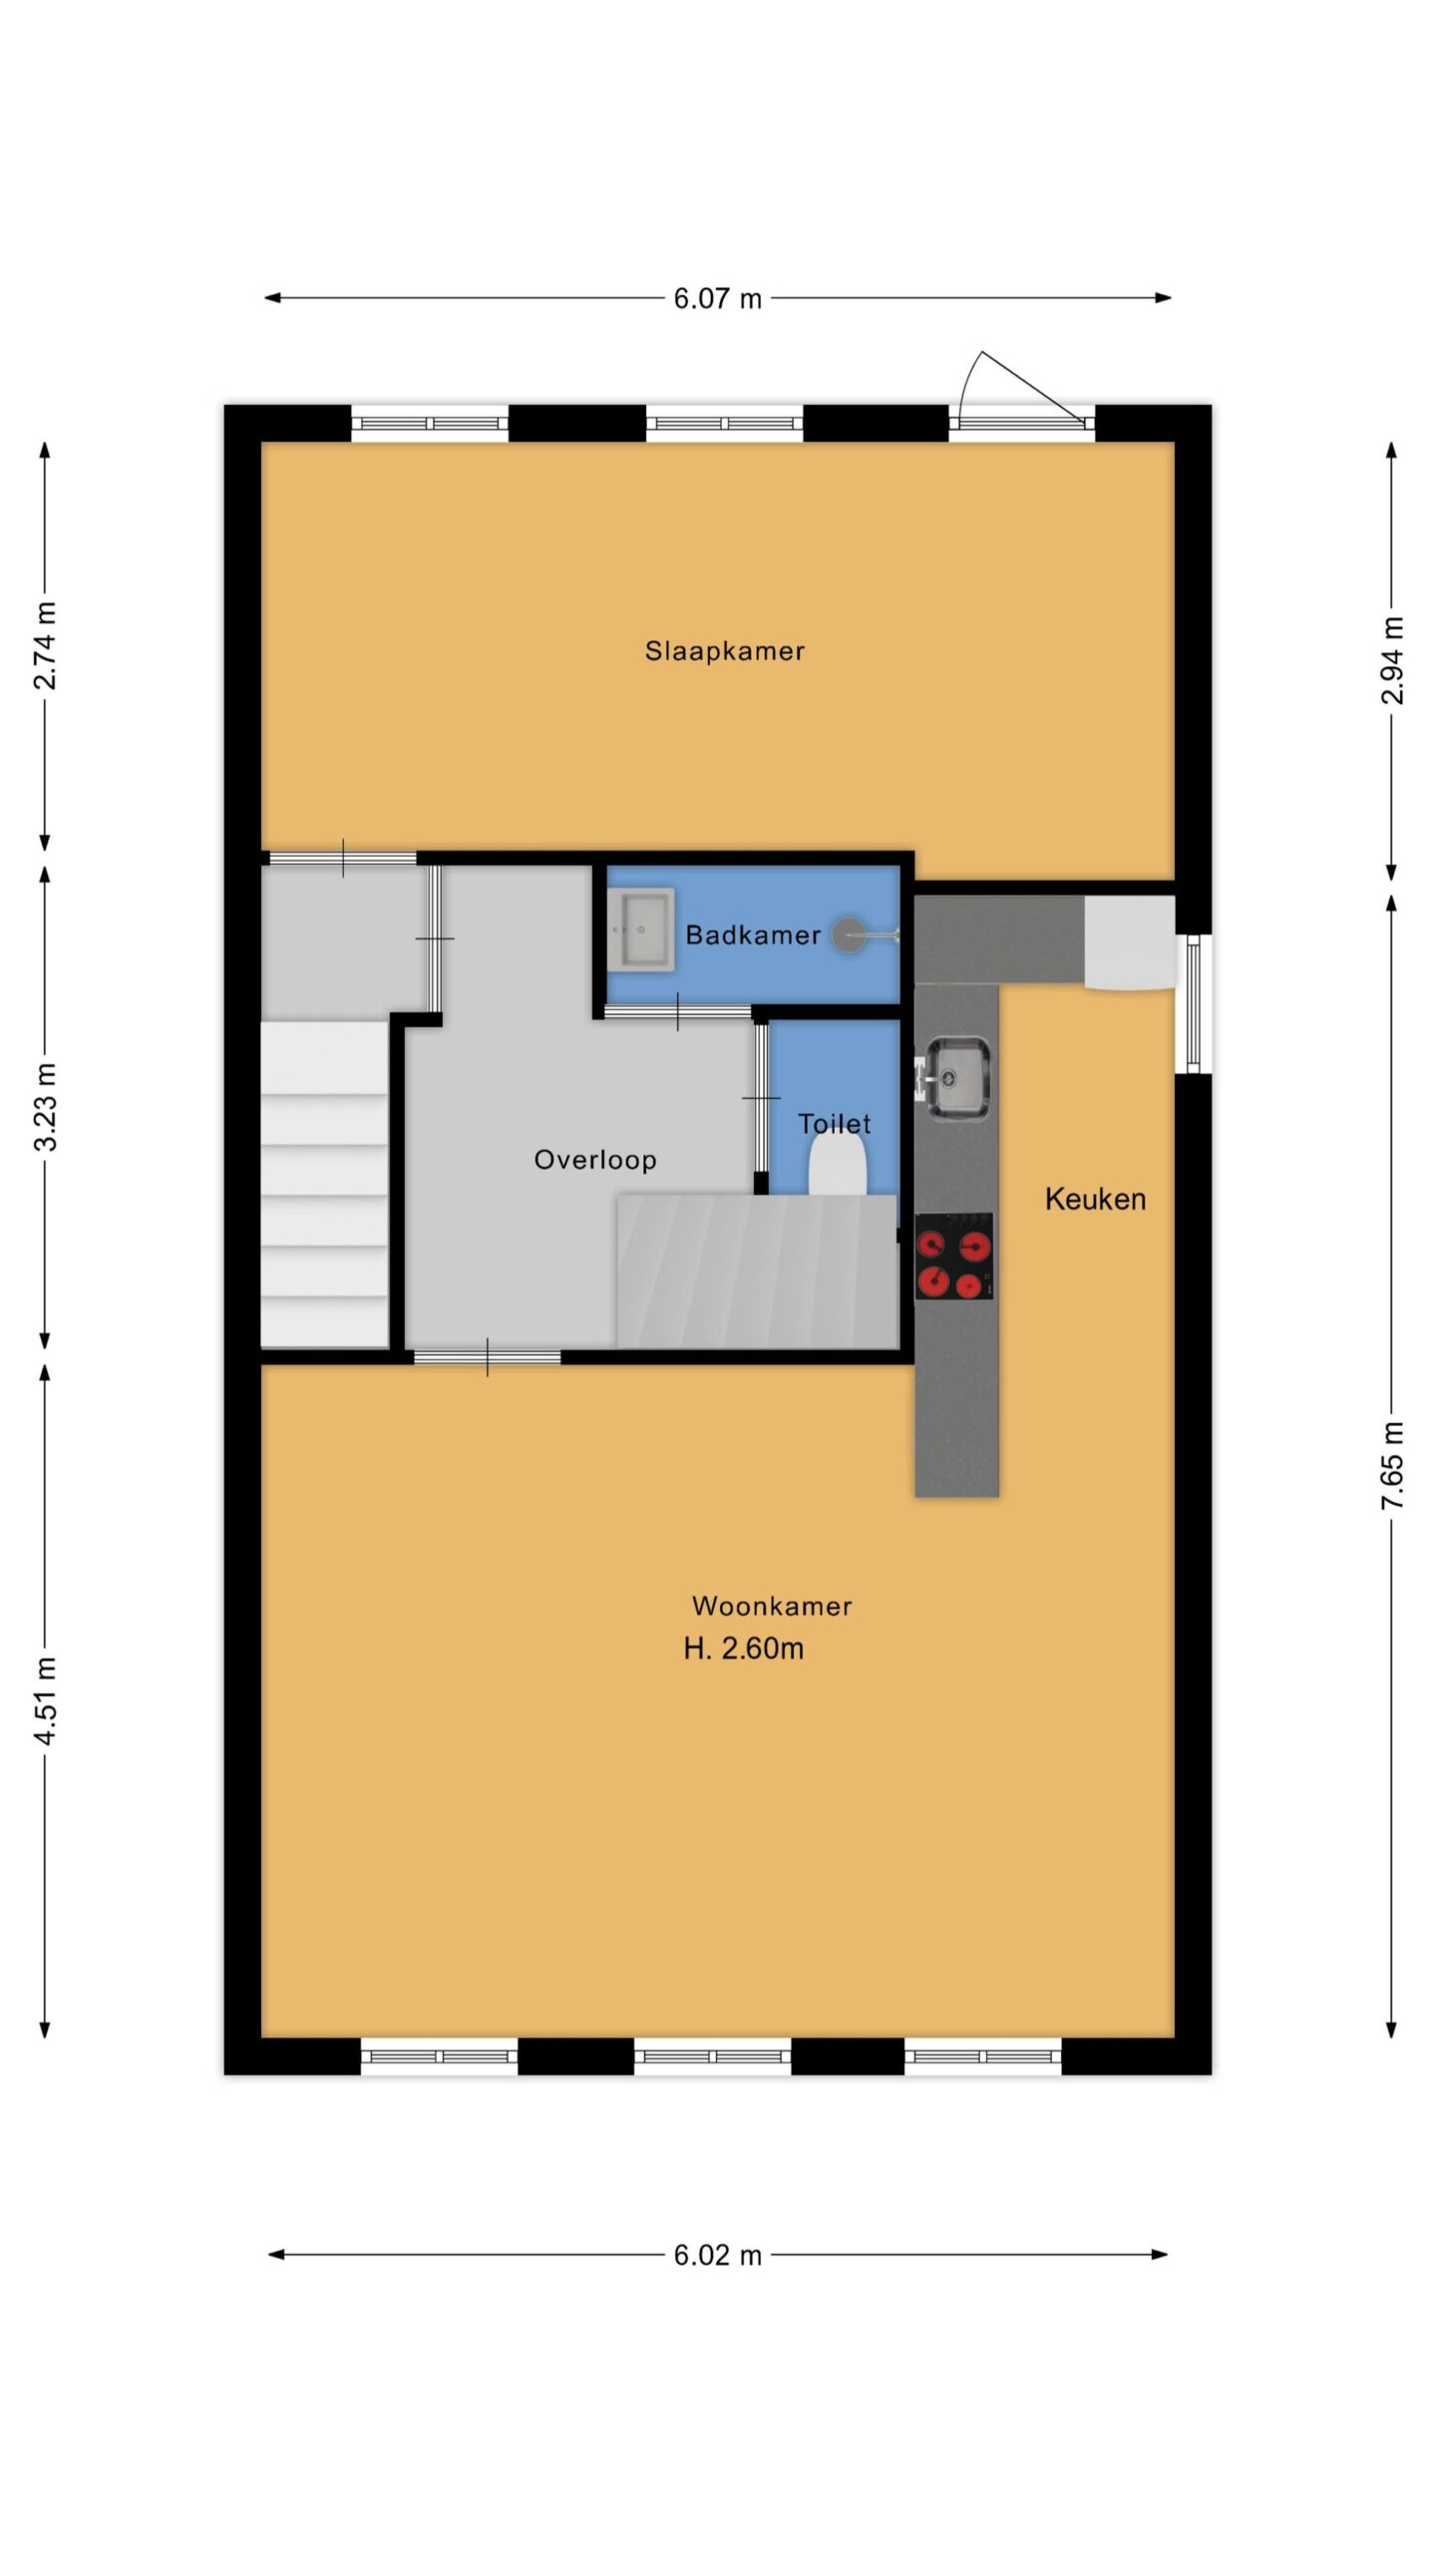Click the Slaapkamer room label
tap(724, 651)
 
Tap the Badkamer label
tap(753, 935)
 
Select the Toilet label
tap(835, 1124)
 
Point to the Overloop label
tap(595, 1160)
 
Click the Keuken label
tap(1095, 1199)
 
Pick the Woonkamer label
tap(772, 1607)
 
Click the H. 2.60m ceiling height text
tap(744, 1648)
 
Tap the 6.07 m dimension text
tap(717, 298)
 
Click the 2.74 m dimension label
tap(46, 646)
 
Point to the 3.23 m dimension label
tap(46, 1107)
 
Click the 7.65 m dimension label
tap(1392, 1465)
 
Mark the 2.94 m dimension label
tap(1392, 660)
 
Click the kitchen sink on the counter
tap(956, 1077)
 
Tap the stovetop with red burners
tap(954, 1257)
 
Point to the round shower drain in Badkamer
tap(849, 934)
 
